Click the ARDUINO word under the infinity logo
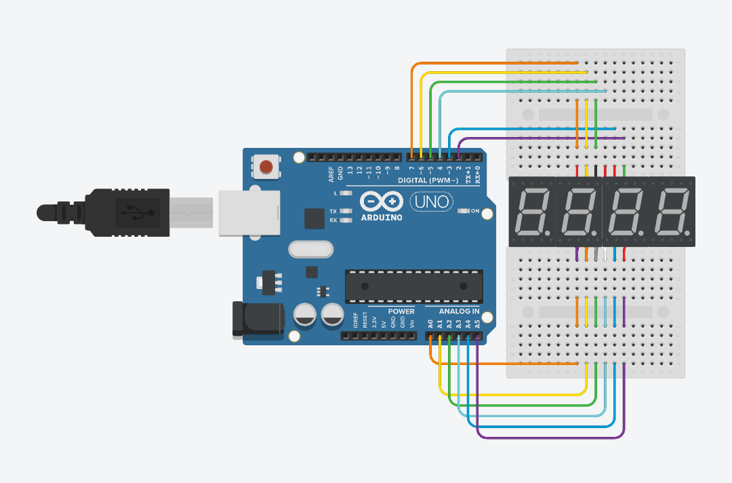click(381, 218)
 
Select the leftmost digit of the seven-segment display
click(531, 212)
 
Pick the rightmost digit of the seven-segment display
click(672, 212)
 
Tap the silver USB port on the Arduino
click(249, 212)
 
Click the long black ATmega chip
click(413, 286)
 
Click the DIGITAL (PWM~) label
click(426, 180)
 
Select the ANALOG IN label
click(459, 311)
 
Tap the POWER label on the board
click(401, 311)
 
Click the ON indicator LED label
click(475, 212)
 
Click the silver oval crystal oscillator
click(311, 250)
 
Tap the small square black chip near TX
click(314, 218)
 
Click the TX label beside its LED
click(333, 211)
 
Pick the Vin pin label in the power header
click(411, 322)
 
